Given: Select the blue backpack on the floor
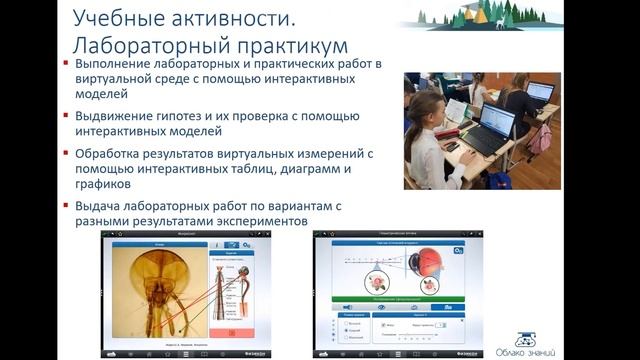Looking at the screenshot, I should coord(501,180).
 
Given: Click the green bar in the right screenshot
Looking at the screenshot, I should coord(396,298).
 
